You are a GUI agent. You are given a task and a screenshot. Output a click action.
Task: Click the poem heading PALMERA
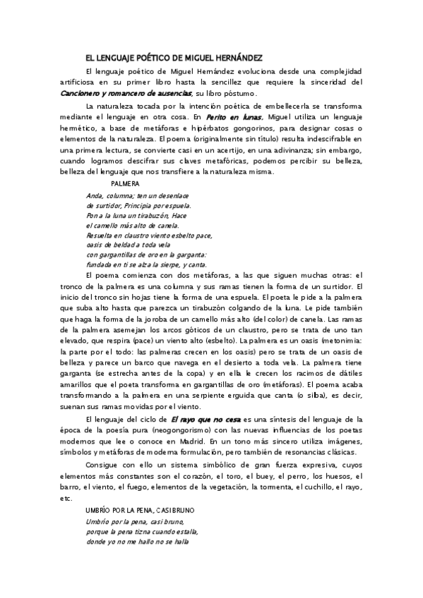click(x=126, y=183)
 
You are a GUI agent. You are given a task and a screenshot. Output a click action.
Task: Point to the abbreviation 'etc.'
click(x=66, y=499)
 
